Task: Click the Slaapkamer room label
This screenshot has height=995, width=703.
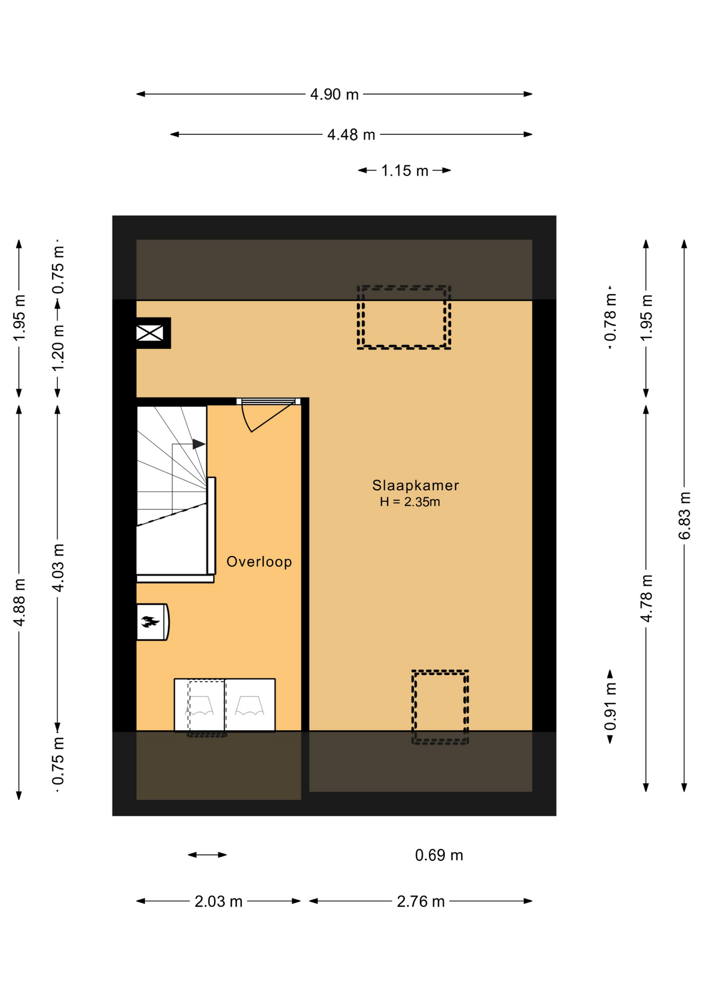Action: tap(415, 486)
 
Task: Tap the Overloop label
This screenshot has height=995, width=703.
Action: tap(259, 562)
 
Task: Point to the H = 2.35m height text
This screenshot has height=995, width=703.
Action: tap(409, 502)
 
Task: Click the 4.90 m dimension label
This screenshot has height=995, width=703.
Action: tap(334, 94)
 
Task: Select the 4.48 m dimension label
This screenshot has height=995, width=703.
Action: tap(351, 135)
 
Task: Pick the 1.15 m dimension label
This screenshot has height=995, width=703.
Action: tap(404, 170)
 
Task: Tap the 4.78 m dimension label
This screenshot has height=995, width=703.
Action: tap(646, 598)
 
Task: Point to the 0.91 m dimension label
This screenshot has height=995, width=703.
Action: tap(610, 706)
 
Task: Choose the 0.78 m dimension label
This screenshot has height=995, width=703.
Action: tap(610, 318)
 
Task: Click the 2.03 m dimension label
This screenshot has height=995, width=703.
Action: tap(218, 902)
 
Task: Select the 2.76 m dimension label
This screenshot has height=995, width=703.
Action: tap(420, 902)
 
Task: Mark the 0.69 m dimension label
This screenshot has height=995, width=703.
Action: tap(439, 855)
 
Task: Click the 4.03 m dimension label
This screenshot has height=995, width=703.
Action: tap(58, 567)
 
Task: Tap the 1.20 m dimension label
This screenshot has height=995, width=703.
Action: tap(58, 347)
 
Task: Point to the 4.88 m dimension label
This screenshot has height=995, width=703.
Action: tap(19, 602)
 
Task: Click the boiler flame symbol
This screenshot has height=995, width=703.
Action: tap(150, 621)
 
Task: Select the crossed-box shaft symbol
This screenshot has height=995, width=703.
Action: tap(150, 333)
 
